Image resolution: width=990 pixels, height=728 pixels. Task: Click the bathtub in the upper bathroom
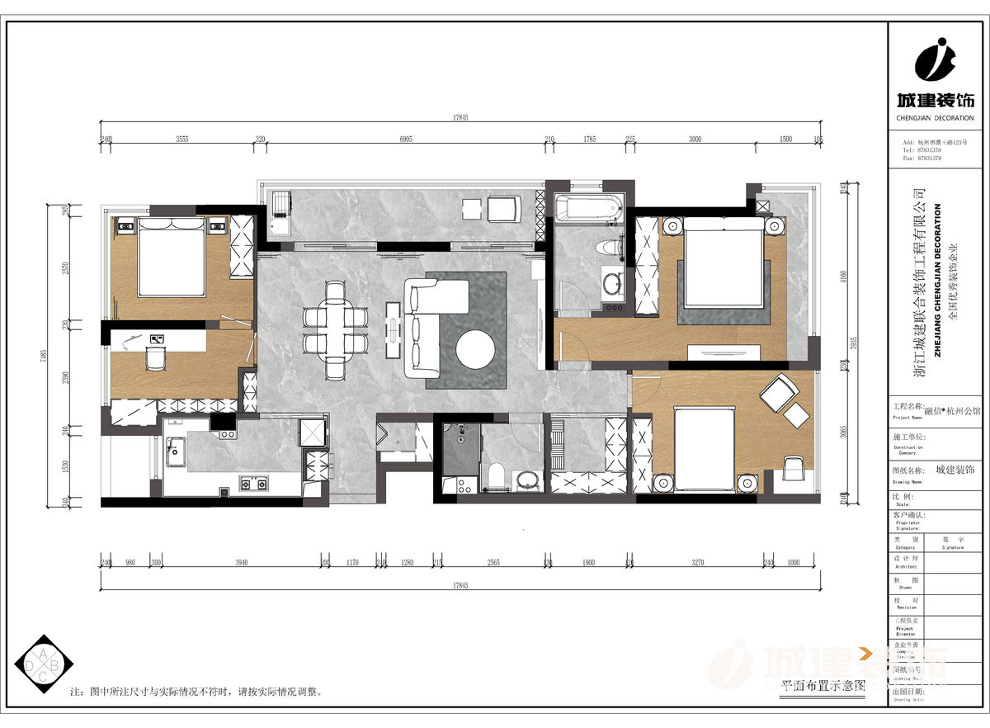(588, 209)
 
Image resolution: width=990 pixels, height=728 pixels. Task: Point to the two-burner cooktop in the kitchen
(253, 484)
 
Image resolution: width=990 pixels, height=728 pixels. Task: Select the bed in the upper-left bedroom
(170, 256)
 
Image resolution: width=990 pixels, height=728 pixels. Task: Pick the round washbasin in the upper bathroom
(612, 285)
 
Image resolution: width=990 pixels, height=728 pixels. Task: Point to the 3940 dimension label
(241, 563)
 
